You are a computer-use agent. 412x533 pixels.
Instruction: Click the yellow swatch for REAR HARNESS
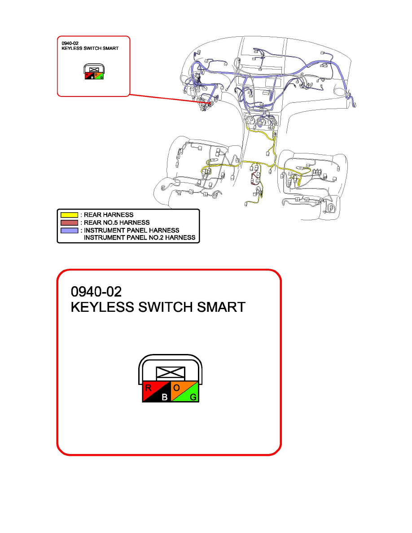70,215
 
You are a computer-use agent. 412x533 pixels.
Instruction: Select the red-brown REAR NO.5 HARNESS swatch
70,223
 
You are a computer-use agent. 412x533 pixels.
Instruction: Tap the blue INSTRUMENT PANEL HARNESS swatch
70,231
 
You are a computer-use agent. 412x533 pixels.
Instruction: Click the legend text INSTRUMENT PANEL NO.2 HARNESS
140,238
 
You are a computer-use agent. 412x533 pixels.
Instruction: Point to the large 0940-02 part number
96,292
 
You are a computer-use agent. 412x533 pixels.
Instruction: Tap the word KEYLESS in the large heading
102,307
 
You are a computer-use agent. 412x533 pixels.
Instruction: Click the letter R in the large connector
148,388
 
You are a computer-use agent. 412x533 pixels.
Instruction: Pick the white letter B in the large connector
165,397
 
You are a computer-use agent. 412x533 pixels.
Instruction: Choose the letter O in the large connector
176,388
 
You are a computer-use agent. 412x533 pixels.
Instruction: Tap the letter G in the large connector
193,397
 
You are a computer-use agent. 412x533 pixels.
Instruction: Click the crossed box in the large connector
170,373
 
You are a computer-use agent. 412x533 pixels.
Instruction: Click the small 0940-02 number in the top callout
70,43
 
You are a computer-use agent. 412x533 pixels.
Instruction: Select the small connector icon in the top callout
94,72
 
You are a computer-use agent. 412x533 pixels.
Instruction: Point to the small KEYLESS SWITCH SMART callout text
90,48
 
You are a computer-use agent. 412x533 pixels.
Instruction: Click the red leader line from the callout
170,99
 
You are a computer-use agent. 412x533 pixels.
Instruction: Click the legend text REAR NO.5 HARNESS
117,223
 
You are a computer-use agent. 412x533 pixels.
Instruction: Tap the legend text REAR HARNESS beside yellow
109,215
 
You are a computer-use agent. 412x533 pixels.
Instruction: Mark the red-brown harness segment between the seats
254,179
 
